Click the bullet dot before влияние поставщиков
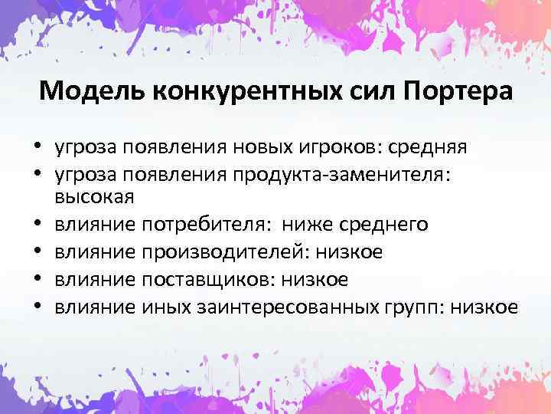pyautogui.click(x=37, y=281)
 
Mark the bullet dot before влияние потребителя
pyautogui.click(x=37, y=225)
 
